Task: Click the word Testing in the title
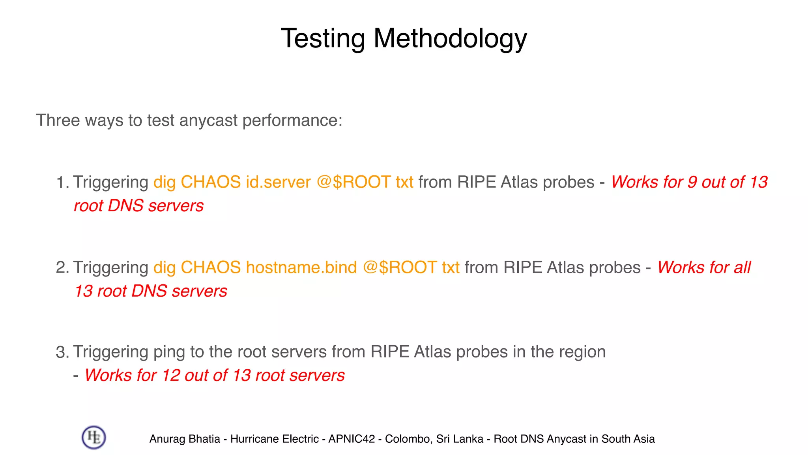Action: coord(323,39)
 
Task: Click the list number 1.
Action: coord(62,182)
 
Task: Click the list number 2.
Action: coord(62,268)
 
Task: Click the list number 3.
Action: coord(62,352)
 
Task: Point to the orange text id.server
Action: coord(278,182)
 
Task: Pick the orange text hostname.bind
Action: coord(301,267)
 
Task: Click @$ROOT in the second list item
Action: coord(399,267)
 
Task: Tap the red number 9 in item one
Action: coord(692,182)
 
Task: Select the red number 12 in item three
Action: coord(171,375)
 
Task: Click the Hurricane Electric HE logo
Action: coord(94,437)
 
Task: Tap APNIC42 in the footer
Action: coord(352,439)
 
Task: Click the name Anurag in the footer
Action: coord(165,439)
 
